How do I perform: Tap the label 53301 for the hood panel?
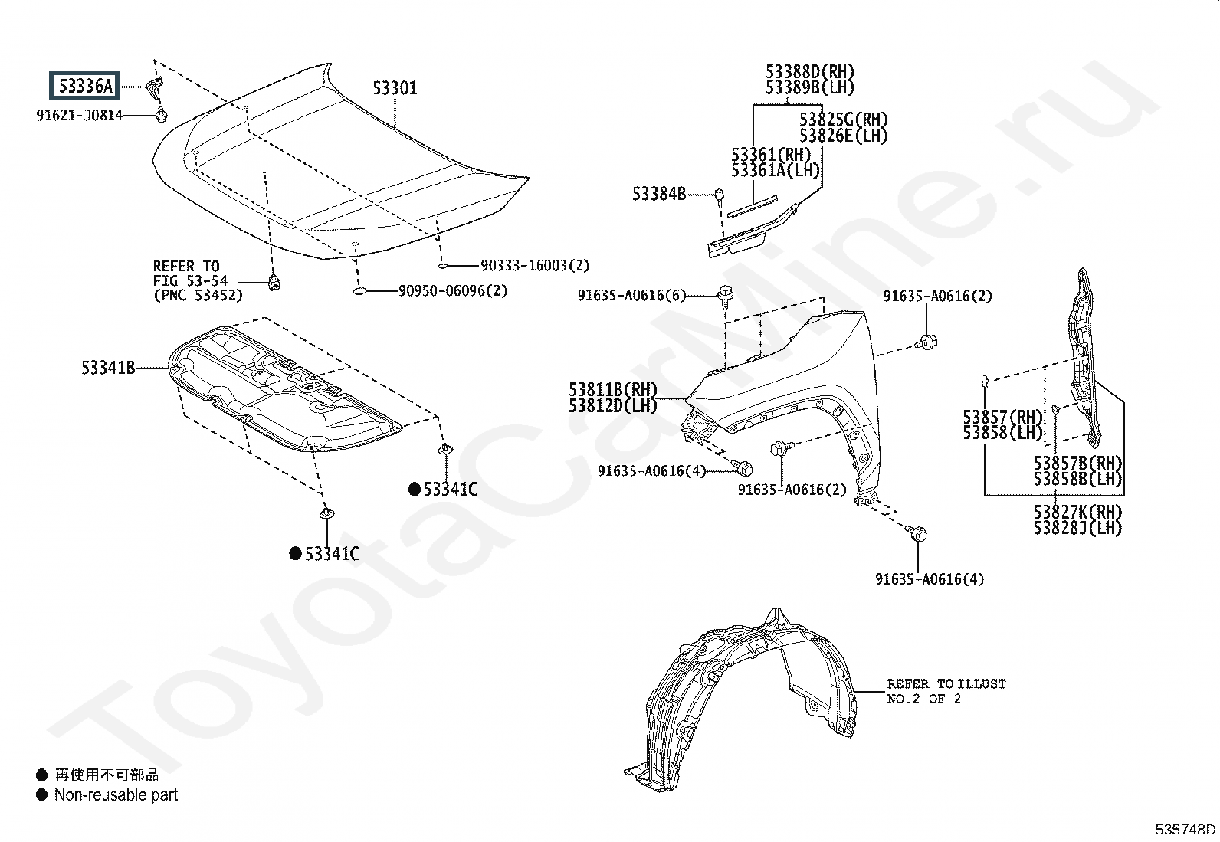[x=395, y=88]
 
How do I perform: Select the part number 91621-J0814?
[x=79, y=116]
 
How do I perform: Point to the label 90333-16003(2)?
[x=535, y=265]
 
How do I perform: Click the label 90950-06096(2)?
[x=452, y=290]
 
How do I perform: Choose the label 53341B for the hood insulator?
[x=108, y=369]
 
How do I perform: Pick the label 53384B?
[x=659, y=194]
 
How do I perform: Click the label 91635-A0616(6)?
[x=632, y=296]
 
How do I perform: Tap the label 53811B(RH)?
[x=613, y=389]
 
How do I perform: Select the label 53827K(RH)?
[x=1077, y=512]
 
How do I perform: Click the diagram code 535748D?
[x=1186, y=829]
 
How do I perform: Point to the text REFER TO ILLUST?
[x=946, y=683]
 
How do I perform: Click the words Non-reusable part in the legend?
[x=116, y=795]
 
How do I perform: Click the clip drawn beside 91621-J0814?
[x=162, y=116]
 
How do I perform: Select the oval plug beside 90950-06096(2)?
[x=362, y=291]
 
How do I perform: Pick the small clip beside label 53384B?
[x=720, y=195]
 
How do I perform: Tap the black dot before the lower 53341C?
[x=294, y=554]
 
